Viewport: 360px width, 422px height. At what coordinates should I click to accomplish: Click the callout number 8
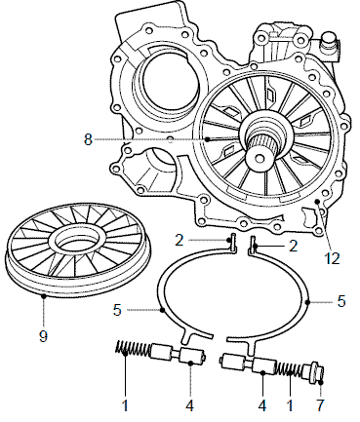88,139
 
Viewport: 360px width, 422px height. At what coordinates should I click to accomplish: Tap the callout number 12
332,259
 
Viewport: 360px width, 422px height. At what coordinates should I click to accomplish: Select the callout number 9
43,336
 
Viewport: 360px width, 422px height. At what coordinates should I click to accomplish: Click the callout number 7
320,405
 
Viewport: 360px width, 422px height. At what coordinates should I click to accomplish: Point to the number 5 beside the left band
117,310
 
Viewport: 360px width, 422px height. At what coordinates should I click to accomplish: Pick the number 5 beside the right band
340,301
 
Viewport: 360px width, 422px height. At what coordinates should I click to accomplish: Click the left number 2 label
180,241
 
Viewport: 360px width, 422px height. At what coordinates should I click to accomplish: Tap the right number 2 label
294,247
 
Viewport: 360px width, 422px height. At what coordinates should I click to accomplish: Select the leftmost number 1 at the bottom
125,405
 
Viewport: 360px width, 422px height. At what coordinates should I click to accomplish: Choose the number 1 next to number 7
290,405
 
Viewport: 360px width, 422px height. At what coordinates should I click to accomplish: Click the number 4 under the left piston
190,405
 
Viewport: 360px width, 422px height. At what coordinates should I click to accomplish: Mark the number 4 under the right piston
262,405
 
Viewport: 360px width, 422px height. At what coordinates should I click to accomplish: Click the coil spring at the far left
134,350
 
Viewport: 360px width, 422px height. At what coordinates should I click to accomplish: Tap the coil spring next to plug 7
289,371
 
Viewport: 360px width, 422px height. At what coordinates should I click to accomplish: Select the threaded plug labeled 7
313,371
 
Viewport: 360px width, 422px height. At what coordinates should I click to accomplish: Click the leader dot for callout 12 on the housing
317,202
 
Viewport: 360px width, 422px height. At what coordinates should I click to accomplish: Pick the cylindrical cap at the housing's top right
329,41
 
